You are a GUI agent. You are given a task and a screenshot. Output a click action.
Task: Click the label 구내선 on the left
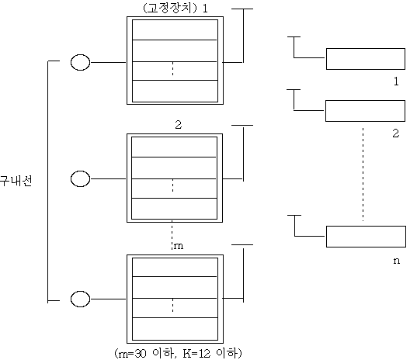(x=16, y=181)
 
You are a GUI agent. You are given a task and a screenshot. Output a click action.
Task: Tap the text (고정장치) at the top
(x=170, y=8)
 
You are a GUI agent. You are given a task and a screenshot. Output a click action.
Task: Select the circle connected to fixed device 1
(x=80, y=62)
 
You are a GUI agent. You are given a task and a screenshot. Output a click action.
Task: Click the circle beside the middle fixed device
(x=80, y=178)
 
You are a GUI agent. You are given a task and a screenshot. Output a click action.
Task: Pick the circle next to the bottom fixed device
(x=80, y=299)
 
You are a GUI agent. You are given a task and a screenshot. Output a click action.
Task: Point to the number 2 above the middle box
(x=178, y=125)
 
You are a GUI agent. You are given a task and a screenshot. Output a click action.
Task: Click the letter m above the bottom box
(x=179, y=246)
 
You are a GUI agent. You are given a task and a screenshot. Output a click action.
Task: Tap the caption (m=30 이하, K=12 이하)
(x=178, y=353)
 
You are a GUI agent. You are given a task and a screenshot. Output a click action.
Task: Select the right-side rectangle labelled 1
(x=366, y=59)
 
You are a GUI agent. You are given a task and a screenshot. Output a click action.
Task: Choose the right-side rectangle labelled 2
(x=365, y=111)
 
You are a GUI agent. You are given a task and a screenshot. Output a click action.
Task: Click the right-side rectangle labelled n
(x=366, y=237)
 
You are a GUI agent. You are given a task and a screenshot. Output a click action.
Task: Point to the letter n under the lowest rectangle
(x=397, y=261)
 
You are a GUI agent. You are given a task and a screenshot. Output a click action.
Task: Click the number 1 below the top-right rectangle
(x=396, y=81)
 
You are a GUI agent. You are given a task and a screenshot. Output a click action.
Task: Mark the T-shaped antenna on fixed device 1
(x=243, y=36)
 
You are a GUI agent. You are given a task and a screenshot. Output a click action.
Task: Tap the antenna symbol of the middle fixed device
(x=243, y=153)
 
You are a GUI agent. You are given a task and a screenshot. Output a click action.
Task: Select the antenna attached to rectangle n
(x=295, y=226)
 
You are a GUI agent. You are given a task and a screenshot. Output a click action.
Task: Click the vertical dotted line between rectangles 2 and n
(x=363, y=175)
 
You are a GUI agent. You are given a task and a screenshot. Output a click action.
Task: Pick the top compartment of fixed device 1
(x=175, y=29)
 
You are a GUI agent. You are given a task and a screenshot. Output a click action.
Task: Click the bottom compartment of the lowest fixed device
(x=175, y=329)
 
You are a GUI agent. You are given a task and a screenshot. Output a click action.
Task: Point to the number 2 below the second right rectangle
(x=395, y=133)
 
